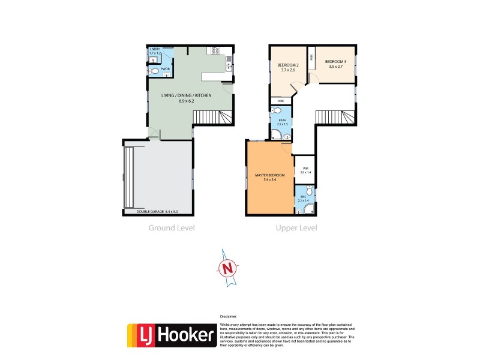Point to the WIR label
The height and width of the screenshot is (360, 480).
[305, 168]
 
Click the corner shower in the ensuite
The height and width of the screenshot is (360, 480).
[309, 209]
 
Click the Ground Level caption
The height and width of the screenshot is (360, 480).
[172, 228]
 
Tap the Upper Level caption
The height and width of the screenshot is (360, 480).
[296, 228]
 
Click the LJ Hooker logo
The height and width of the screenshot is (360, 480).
[172, 335]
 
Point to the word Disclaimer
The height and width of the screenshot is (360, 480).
[229, 316]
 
